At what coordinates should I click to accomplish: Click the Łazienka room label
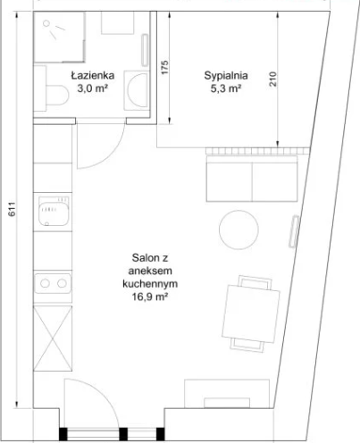tap(93, 75)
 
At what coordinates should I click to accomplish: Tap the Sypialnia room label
tap(226, 76)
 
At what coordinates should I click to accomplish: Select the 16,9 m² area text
tap(150, 297)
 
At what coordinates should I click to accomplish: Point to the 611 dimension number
tap(12, 209)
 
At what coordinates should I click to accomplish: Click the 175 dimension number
tap(164, 67)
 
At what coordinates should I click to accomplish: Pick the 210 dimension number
tap(272, 79)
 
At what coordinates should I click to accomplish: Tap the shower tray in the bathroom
tap(59, 37)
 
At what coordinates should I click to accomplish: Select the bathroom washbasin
tap(136, 90)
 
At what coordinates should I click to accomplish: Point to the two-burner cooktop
tap(53, 283)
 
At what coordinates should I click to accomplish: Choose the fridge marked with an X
tap(53, 339)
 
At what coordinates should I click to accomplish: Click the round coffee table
tap(239, 230)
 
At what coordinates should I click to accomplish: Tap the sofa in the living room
tap(252, 179)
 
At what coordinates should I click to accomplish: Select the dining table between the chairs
tap(251, 313)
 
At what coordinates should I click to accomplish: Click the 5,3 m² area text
tap(226, 88)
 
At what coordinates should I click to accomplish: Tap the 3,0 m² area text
tap(93, 88)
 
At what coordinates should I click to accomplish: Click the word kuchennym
tap(150, 284)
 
